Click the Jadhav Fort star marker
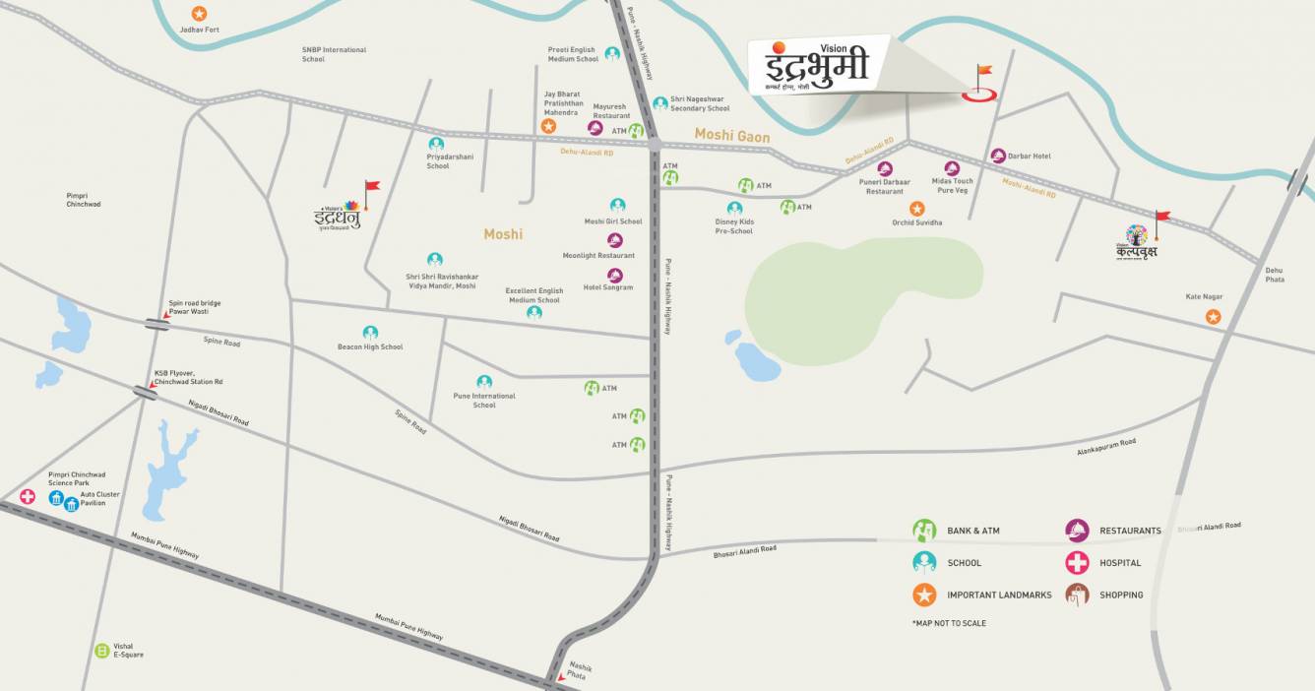199,14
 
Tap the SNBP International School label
334,54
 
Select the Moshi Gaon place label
731,134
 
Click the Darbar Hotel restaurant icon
998,156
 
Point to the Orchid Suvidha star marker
916,209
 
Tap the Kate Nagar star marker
1213,317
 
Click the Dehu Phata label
1275,275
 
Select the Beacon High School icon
370,333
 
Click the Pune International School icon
484,382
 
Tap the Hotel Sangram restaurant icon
615,275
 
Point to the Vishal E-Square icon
101,650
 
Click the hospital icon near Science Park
28,496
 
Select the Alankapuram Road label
1106,449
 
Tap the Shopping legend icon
1077,595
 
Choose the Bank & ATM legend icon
924,531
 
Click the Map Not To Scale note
949,623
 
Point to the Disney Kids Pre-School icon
734,209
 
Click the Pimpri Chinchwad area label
84,200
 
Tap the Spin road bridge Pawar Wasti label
195,307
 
